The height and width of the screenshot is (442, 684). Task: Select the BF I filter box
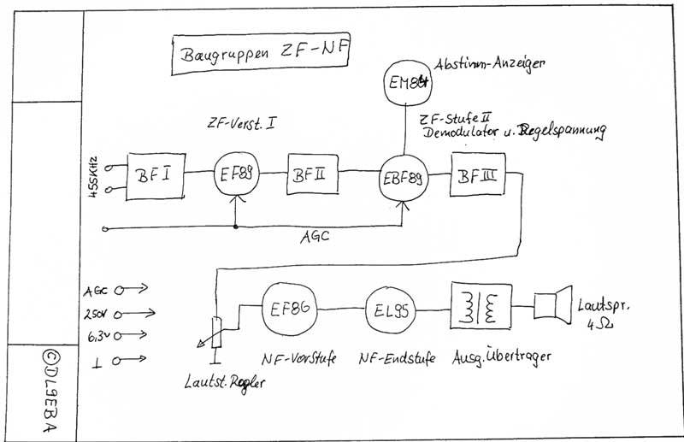pos(157,177)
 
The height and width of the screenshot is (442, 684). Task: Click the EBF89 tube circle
pos(403,177)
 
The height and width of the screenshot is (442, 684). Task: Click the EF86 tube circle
pos(289,309)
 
